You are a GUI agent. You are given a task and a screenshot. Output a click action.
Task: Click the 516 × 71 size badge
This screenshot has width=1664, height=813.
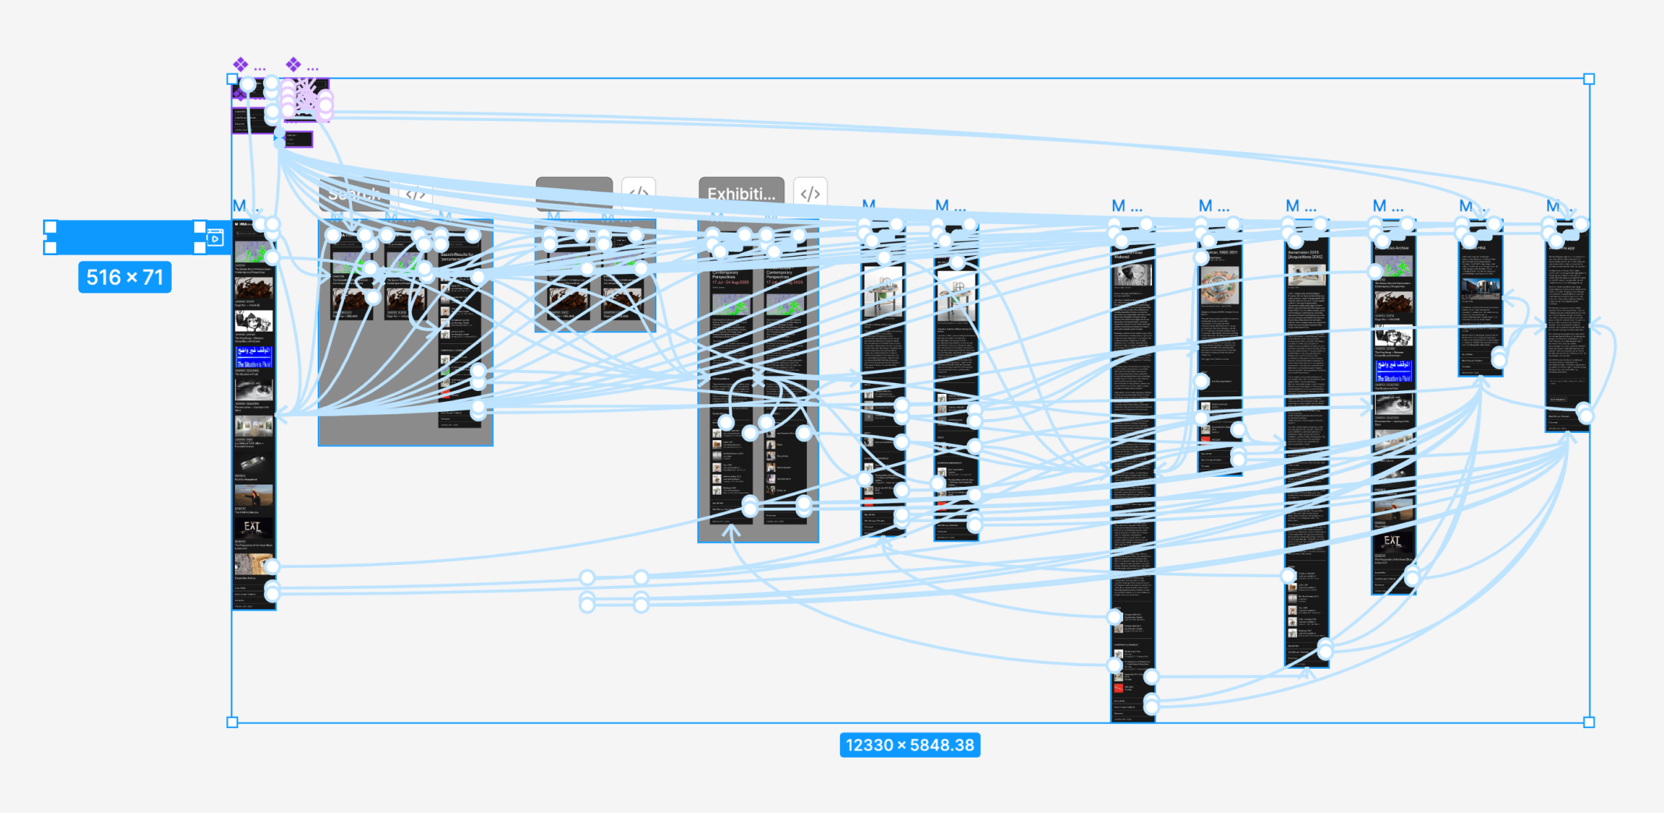coord(125,278)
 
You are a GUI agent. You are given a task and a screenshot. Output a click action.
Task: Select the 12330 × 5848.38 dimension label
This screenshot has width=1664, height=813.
coord(909,745)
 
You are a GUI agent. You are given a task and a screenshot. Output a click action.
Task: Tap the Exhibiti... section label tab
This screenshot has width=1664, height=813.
coord(741,193)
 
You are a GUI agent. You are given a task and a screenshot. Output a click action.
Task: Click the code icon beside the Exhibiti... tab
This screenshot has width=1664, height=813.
coord(810,193)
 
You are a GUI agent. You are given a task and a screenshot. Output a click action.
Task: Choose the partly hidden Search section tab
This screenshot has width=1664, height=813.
coord(354,193)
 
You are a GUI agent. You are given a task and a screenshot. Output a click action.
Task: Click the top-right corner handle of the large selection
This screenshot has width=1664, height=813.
coord(1589,79)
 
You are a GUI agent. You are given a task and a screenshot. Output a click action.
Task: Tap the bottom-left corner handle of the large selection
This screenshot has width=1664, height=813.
coord(232,722)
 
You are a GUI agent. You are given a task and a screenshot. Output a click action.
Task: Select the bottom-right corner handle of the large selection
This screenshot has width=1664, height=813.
coord(1589,722)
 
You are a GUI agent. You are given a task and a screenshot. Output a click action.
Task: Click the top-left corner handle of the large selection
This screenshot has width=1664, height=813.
coord(232,79)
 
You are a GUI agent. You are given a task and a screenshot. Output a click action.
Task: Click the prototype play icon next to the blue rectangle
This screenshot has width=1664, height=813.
coord(215,238)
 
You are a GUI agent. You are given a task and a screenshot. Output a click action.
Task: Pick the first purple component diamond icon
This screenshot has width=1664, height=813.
coord(240,64)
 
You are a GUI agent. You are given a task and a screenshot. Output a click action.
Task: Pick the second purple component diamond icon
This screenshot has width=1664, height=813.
coord(293,64)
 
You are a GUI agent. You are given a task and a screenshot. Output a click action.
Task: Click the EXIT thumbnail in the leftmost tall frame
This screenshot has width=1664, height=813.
coord(253,528)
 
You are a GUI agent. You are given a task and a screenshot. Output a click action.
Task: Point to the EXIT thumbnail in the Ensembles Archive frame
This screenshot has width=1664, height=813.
coord(1392,541)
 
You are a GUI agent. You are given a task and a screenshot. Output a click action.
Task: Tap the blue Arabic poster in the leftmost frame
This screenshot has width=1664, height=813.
coord(254,358)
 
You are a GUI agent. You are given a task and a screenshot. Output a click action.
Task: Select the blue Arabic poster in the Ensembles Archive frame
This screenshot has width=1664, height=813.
coord(1393,371)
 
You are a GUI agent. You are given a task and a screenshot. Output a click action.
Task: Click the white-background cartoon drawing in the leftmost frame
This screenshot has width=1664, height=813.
coord(254,321)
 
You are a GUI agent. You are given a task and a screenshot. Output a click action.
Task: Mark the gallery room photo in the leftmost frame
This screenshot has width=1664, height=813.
coord(254,426)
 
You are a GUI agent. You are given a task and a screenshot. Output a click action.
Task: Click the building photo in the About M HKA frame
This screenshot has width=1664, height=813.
coord(1480,290)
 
